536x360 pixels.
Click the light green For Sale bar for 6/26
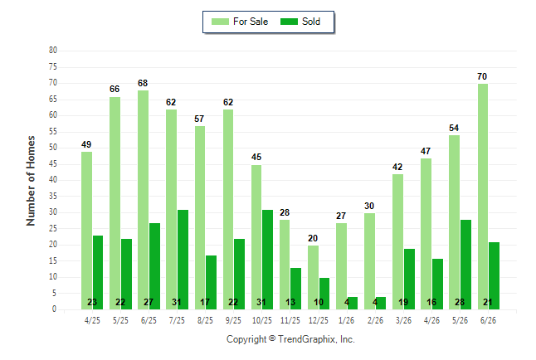click(x=483, y=197)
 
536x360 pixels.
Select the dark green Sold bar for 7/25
click(x=183, y=260)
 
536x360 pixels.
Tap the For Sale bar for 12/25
click(x=313, y=277)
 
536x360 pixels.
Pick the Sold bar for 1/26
click(x=352, y=304)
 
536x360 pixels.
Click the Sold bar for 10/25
click(x=267, y=260)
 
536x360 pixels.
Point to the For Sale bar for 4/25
click(x=86, y=231)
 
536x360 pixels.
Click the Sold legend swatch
click(x=289, y=22)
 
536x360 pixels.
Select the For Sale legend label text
click(x=251, y=22)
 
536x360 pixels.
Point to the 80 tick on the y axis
click(x=53, y=51)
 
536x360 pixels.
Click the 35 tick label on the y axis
click(x=53, y=197)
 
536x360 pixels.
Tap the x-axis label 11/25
click(x=290, y=320)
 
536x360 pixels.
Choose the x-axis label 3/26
click(x=403, y=320)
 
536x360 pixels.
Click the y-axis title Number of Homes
click(x=31, y=181)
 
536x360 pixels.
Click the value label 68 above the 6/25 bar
click(x=143, y=83)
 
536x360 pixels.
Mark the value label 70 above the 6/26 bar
click(x=482, y=76)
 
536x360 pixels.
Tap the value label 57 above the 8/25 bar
click(x=199, y=119)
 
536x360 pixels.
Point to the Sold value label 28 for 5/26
click(x=460, y=302)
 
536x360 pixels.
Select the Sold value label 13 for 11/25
click(x=290, y=302)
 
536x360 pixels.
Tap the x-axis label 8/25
click(x=205, y=320)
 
